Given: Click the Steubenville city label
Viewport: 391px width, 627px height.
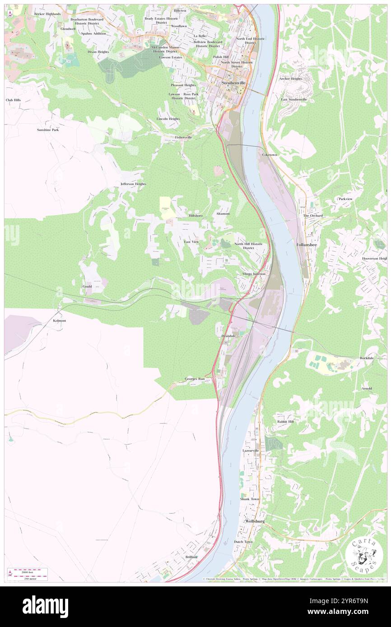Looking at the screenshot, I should pos(233,84).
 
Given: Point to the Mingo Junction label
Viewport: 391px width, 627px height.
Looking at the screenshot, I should pos(253,274).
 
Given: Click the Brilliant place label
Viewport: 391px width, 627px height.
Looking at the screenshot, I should pos(191,557).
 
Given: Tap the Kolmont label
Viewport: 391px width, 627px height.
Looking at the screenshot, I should pos(60,321).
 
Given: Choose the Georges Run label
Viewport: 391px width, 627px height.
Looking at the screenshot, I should pos(195,379).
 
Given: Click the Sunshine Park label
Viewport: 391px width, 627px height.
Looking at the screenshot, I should pos(48,130).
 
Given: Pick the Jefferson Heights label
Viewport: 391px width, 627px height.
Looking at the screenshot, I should pos(133,184).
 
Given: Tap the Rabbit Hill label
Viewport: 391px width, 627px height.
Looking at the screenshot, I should pos(285,421).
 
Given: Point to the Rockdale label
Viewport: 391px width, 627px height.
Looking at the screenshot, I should pos(367,358).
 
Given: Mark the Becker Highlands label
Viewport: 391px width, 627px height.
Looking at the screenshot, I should pos(47,14).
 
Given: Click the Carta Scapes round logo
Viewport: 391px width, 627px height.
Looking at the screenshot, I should pos(364,553).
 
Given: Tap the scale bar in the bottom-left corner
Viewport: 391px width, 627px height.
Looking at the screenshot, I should pos(28,572).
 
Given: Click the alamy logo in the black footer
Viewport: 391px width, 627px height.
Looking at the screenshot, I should pos(45,606).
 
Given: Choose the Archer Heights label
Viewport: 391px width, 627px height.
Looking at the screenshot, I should pos(290,78).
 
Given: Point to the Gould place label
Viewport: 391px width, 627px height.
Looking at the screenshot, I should pos(87,286).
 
